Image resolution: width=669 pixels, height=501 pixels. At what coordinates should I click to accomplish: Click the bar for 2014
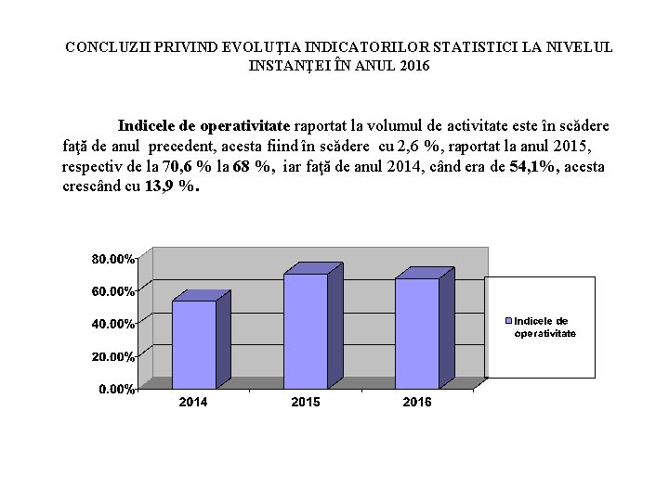click(x=194, y=343)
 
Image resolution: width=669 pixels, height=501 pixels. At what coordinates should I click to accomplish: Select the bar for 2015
click(x=306, y=330)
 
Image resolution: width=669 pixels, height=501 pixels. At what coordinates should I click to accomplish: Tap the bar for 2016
click(x=417, y=332)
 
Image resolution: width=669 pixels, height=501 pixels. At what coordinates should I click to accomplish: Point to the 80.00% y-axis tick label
click(x=112, y=259)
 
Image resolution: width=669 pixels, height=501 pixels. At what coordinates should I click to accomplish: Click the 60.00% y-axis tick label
click(x=112, y=291)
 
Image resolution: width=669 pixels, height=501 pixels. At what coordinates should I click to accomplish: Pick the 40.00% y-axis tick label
click(x=112, y=324)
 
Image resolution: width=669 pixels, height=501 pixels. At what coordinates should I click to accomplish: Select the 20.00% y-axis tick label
click(x=112, y=356)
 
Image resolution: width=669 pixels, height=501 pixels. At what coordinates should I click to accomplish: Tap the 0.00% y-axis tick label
click(x=116, y=389)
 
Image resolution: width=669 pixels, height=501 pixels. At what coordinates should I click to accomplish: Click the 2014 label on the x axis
click(x=192, y=402)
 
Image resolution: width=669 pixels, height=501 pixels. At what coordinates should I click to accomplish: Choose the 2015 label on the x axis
click(x=305, y=402)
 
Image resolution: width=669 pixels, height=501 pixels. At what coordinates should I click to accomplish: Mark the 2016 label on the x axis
click(x=416, y=402)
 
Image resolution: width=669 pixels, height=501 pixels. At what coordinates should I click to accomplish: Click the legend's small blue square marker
click(x=508, y=321)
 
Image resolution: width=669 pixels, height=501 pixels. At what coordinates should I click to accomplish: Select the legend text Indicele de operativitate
click(x=545, y=328)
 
